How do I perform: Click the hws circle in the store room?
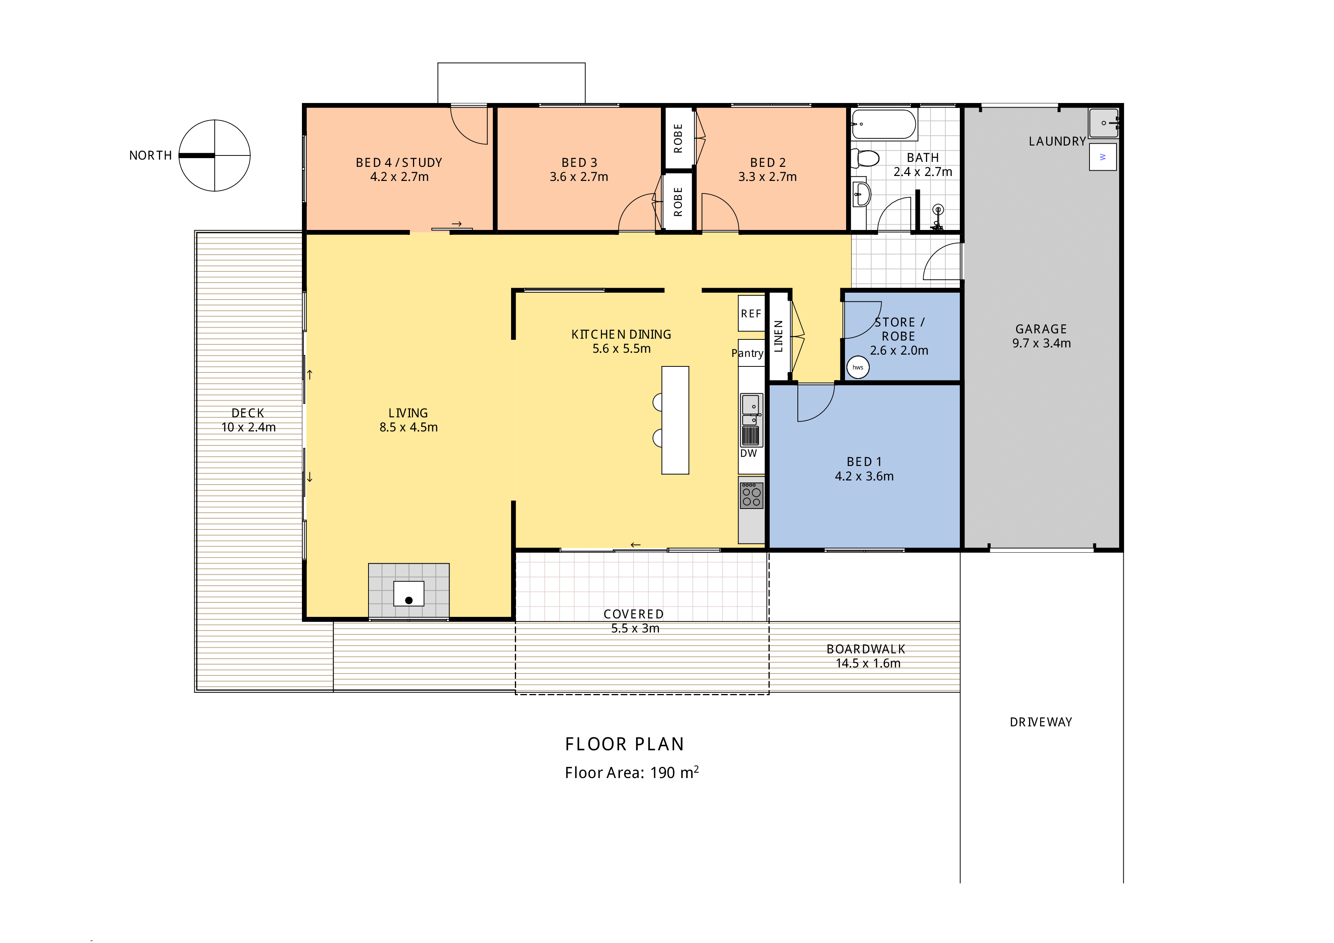tap(858, 367)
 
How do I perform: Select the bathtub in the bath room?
tap(884, 124)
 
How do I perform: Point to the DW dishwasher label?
tap(748, 453)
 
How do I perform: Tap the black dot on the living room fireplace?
tap(409, 601)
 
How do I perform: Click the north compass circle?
tap(214, 155)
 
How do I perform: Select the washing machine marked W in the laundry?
tap(1102, 157)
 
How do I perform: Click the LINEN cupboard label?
tap(778, 336)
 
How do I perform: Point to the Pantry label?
tap(747, 353)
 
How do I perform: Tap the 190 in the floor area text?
tap(662, 773)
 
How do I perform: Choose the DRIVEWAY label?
tap(1040, 722)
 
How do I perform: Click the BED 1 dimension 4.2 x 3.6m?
tap(864, 476)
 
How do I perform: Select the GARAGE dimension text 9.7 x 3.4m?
tap(1041, 343)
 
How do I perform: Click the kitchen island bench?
tap(675, 420)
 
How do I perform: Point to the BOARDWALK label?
tap(866, 649)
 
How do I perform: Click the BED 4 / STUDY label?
tap(399, 163)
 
